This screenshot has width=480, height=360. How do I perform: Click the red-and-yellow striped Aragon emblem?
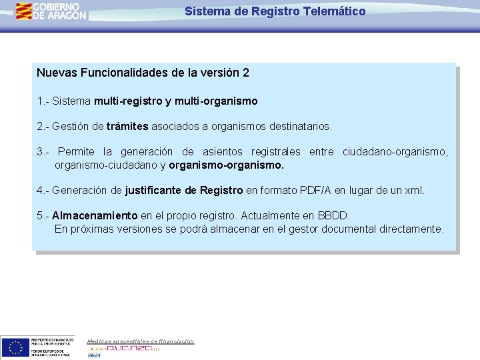click(25, 11)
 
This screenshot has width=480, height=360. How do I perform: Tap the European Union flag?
click(15, 347)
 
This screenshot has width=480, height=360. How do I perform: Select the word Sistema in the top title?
click(204, 11)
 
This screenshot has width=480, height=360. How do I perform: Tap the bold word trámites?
click(127, 126)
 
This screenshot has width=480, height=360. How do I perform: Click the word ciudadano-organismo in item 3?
click(395, 152)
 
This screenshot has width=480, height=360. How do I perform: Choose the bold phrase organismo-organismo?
click(227, 165)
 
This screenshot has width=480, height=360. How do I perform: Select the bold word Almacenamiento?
click(95, 216)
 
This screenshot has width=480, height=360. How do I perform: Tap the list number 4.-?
click(43, 191)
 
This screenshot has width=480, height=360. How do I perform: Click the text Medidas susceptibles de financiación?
click(141, 341)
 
